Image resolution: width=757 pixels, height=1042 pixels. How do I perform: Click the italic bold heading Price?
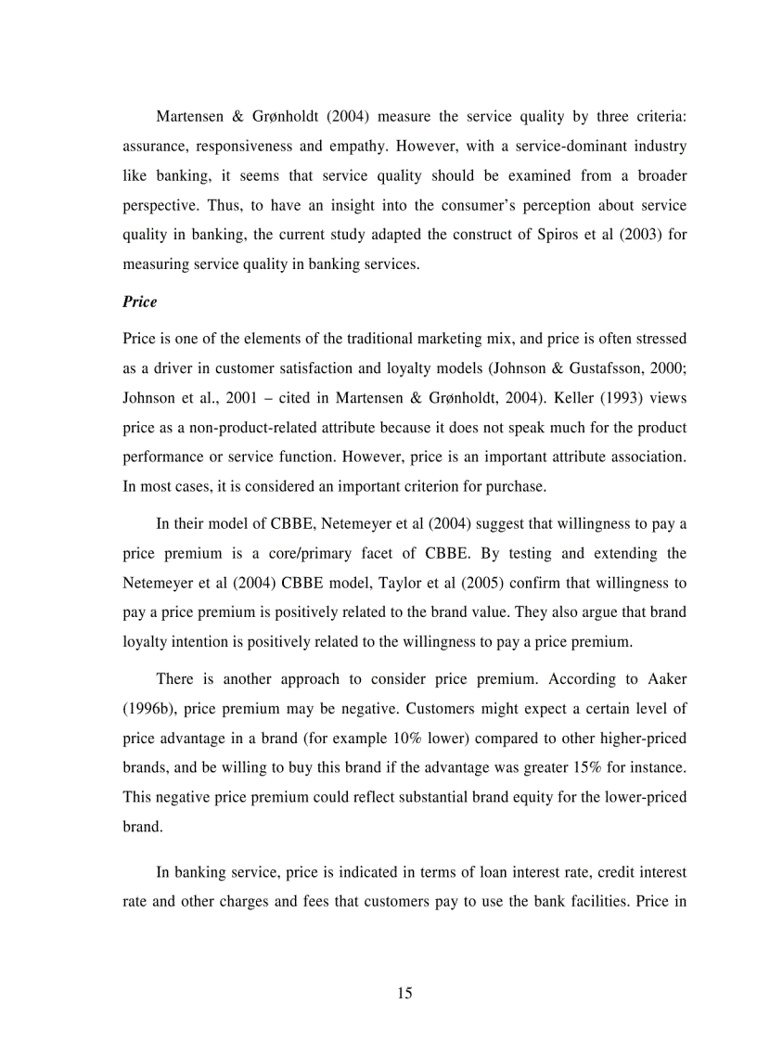click(139, 302)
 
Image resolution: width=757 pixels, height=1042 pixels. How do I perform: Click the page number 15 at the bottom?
click(404, 993)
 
